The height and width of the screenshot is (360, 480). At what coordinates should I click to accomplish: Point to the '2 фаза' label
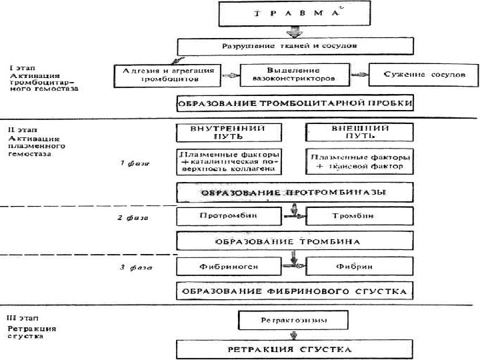point(131,217)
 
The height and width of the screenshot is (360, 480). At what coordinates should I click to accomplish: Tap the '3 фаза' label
point(131,267)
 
